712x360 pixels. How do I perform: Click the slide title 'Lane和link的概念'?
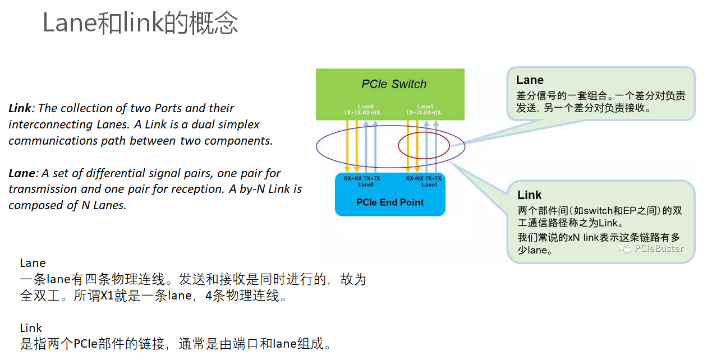[x=140, y=24]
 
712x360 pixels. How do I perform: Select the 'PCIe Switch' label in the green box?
[x=394, y=84]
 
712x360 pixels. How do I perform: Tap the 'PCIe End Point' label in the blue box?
[x=391, y=202]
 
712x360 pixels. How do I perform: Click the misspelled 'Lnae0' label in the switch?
[x=366, y=107]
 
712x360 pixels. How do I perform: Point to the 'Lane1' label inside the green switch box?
[x=425, y=107]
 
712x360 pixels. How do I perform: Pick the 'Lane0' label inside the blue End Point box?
[x=366, y=184]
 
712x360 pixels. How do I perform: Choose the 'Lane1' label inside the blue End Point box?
[x=429, y=184]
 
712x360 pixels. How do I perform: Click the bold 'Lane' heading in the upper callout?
[x=530, y=80]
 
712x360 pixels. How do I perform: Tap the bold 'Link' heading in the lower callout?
[x=529, y=195]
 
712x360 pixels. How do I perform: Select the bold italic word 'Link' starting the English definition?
[x=20, y=108]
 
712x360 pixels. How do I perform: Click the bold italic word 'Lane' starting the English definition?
[x=21, y=173]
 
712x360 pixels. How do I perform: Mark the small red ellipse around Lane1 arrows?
[x=424, y=146]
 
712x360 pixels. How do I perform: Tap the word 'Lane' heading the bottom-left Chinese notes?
[x=33, y=263]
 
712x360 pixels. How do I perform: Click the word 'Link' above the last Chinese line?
[x=31, y=328]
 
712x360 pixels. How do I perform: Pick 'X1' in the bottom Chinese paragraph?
[x=107, y=296]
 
